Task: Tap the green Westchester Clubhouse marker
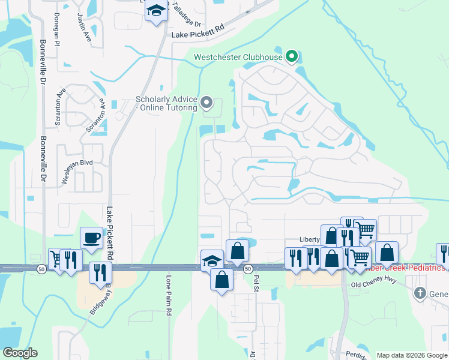click(292, 58)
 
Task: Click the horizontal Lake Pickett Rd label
click(197, 35)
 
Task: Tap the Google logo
click(19, 353)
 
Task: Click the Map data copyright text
click(411, 355)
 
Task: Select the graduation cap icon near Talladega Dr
click(156, 11)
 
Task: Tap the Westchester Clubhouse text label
click(238, 58)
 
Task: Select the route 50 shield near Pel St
click(247, 269)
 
